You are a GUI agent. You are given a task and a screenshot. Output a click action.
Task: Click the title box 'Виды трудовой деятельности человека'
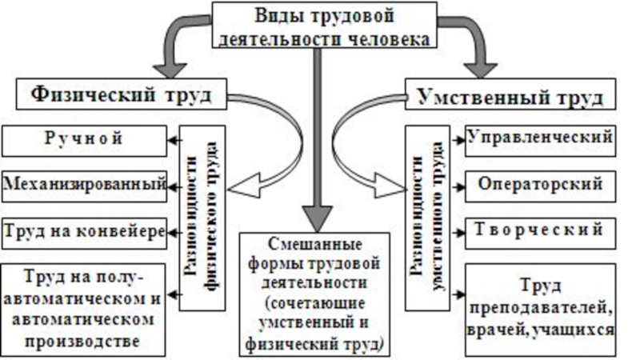pos(324,26)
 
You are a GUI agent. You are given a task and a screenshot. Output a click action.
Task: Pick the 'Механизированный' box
pos(85,186)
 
